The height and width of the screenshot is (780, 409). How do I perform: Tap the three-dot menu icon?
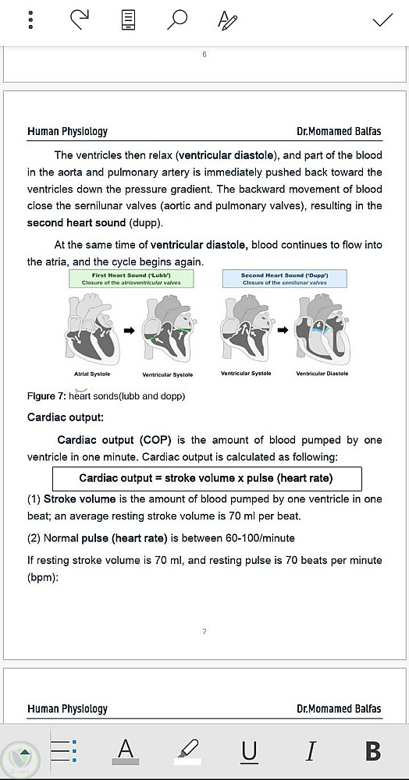pos(31,19)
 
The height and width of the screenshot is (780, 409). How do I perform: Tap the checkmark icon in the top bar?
pos(382,19)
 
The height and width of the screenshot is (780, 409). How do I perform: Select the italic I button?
pos(311,750)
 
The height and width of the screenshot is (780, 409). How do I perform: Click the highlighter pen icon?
pos(187,750)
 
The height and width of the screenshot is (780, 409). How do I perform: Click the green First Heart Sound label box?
pos(131,278)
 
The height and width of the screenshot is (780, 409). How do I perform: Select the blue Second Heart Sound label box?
pos(284,278)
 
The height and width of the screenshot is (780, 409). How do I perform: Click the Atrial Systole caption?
pos(92,374)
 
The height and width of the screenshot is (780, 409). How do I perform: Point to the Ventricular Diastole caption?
pos(322,374)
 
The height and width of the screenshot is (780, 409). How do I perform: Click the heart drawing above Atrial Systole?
pos(92,329)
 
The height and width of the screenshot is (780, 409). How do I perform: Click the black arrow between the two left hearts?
pos(130,330)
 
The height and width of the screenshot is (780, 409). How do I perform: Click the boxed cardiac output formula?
pos(207,479)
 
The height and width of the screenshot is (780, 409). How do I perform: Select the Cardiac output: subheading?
pos(66,417)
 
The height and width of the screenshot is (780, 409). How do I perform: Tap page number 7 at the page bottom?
pos(204,632)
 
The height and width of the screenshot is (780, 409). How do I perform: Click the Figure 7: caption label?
pos(47,396)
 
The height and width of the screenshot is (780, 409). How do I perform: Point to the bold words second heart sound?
pos(76,223)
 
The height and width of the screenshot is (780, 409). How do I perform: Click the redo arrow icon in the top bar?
pos(80,19)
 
